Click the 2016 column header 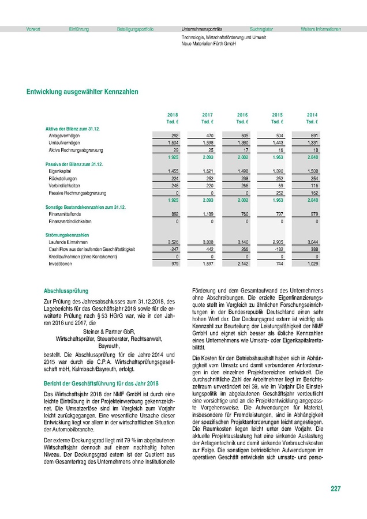click(x=242, y=115)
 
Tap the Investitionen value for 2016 click(x=242, y=264)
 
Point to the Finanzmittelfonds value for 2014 click(x=312, y=213)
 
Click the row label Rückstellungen click(x=65, y=179)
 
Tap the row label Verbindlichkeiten click(x=66, y=186)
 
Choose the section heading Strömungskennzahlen click(x=67, y=235)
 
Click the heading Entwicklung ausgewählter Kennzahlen click(x=82, y=92)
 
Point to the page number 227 click(x=335, y=490)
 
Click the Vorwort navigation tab click(x=33, y=29)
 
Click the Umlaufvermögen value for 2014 click(x=312, y=142)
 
